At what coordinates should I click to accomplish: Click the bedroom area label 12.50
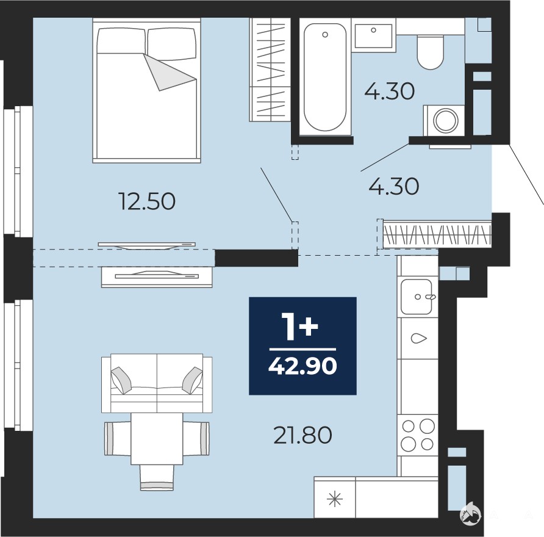click(x=147, y=201)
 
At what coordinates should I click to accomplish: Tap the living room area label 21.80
click(x=302, y=435)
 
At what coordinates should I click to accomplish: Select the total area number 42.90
click(x=302, y=366)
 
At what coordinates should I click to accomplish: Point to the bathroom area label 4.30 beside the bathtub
click(x=390, y=92)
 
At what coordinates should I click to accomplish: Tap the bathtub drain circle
click(x=325, y=34)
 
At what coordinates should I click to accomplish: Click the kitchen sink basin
click(x=417, y=297)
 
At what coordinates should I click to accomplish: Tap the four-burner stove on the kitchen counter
click(x=418, y=435)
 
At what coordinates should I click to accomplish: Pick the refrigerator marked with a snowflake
click(x=335, y=499)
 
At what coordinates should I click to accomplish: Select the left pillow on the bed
click(x=121, y=41)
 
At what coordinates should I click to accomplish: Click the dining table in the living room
click(x=157, y=439)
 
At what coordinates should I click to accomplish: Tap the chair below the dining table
click(x=157, y=478)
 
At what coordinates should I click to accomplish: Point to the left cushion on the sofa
click(x=121, y=380)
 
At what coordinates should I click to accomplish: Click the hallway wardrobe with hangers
click(x=437, y=235)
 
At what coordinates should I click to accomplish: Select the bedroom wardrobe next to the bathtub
click(x=270, y=70)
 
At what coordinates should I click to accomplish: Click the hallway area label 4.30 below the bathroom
click(x=394, y=186)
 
